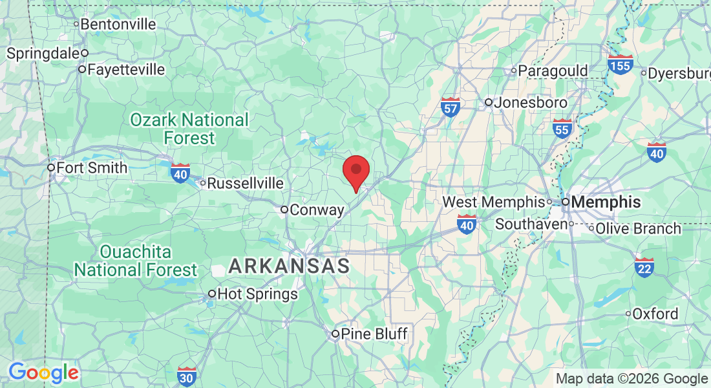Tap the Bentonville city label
pyautogui.click(x=118, y=25)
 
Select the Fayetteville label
pyautogui.click(x=126, y=69)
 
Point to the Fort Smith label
pyautogui.click(x=92, y=167)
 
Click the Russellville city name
pyautogui.click(x=245, y=184)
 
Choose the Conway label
pyautogui.click(x=317, y=210)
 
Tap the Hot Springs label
pyautogui.click(x=257, y=294)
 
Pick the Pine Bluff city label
pyautogui.click(x=374, y=334)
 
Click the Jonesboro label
pyautogui.click(x=531, y=102)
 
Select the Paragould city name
pyautogui.click(x=553, y=70)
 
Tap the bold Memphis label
pyautogui.click(x=606, y=202)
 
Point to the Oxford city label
pyautogui.click(x=655, y=314)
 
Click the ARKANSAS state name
pyautogui.click(x=289, y=266)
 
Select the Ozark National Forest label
pyautogui.click(x=189, y=129)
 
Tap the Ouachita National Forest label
pyautogui.click(x=136, y=261)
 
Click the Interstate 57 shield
pyautogui.click(x=450, y=107)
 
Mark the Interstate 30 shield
pyautogui.click(x=187, y=375)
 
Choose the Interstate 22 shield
pyautogui.click(x=644, y=266)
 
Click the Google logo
pyautogui.click(x=43, y=372)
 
